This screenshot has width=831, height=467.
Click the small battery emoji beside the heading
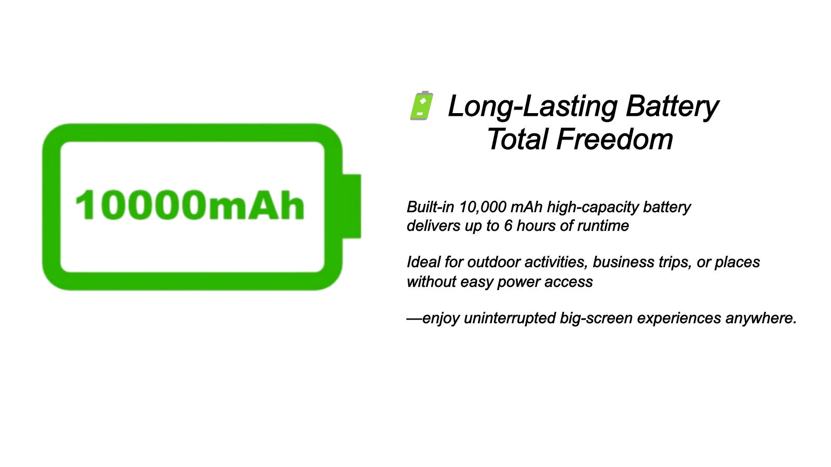421,106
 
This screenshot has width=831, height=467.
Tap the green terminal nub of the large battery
352,206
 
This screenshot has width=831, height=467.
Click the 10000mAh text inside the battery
190,205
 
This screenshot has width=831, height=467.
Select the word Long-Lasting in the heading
533,106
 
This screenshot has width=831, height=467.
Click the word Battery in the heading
672,107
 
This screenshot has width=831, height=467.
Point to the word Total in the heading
517,140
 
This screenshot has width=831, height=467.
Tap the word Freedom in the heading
615,140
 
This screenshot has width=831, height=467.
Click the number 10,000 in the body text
482,207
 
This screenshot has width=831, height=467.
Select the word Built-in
431,207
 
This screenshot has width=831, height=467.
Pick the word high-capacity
593,208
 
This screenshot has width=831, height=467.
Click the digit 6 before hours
508,226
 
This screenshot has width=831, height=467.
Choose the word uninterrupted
510,319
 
